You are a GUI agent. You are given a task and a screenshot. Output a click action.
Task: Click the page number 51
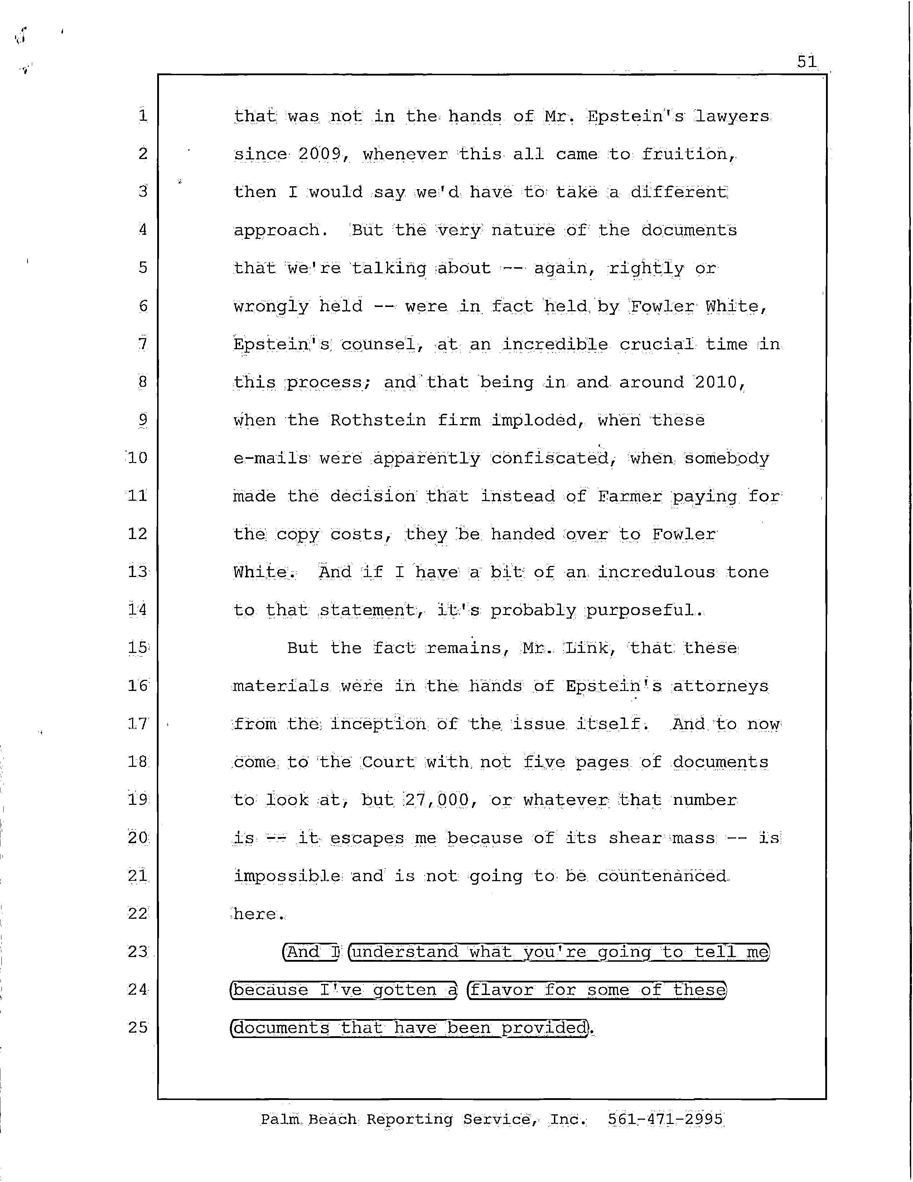click(806, 61)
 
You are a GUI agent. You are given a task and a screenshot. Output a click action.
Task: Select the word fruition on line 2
click(688, 154)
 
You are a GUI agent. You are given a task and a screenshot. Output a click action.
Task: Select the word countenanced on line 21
click(663, 876)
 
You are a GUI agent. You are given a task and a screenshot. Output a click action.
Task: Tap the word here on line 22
click(256, 914)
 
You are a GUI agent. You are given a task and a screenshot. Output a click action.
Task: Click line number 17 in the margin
click(138, 724)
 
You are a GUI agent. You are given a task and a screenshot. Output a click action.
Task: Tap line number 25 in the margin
click(138, 1027)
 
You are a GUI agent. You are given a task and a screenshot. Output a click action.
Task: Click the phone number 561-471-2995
click(665, 1119)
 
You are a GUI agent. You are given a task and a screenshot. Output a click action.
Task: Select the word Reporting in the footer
click(410, 1119)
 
